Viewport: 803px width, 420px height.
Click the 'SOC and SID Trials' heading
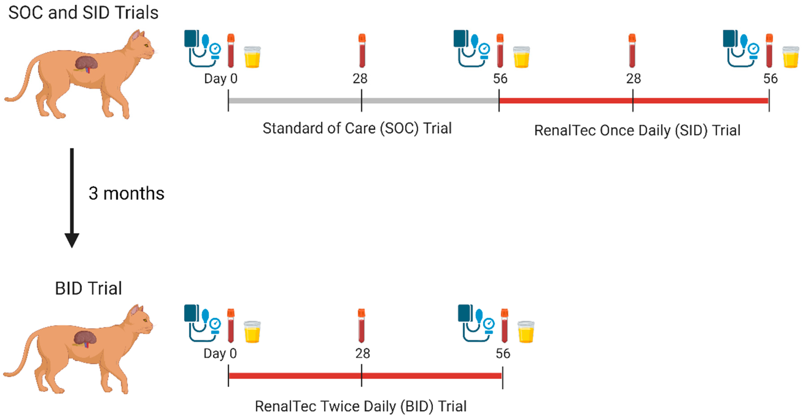(83, 13)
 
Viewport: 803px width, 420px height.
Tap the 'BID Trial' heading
(88, 288)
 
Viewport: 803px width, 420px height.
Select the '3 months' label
(126, 194)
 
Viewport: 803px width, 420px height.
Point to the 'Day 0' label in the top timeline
(221, 78)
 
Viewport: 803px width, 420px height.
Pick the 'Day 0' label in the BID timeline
(220, 354)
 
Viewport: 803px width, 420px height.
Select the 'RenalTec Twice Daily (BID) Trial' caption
(361, 406)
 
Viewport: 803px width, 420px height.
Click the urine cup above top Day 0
(252, 57)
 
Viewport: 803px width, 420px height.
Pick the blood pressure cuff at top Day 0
(202, 49)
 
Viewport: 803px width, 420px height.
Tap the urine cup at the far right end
(791, 57)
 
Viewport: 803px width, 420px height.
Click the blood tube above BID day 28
(361, 326)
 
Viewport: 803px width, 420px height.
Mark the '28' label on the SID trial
(633, 78)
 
